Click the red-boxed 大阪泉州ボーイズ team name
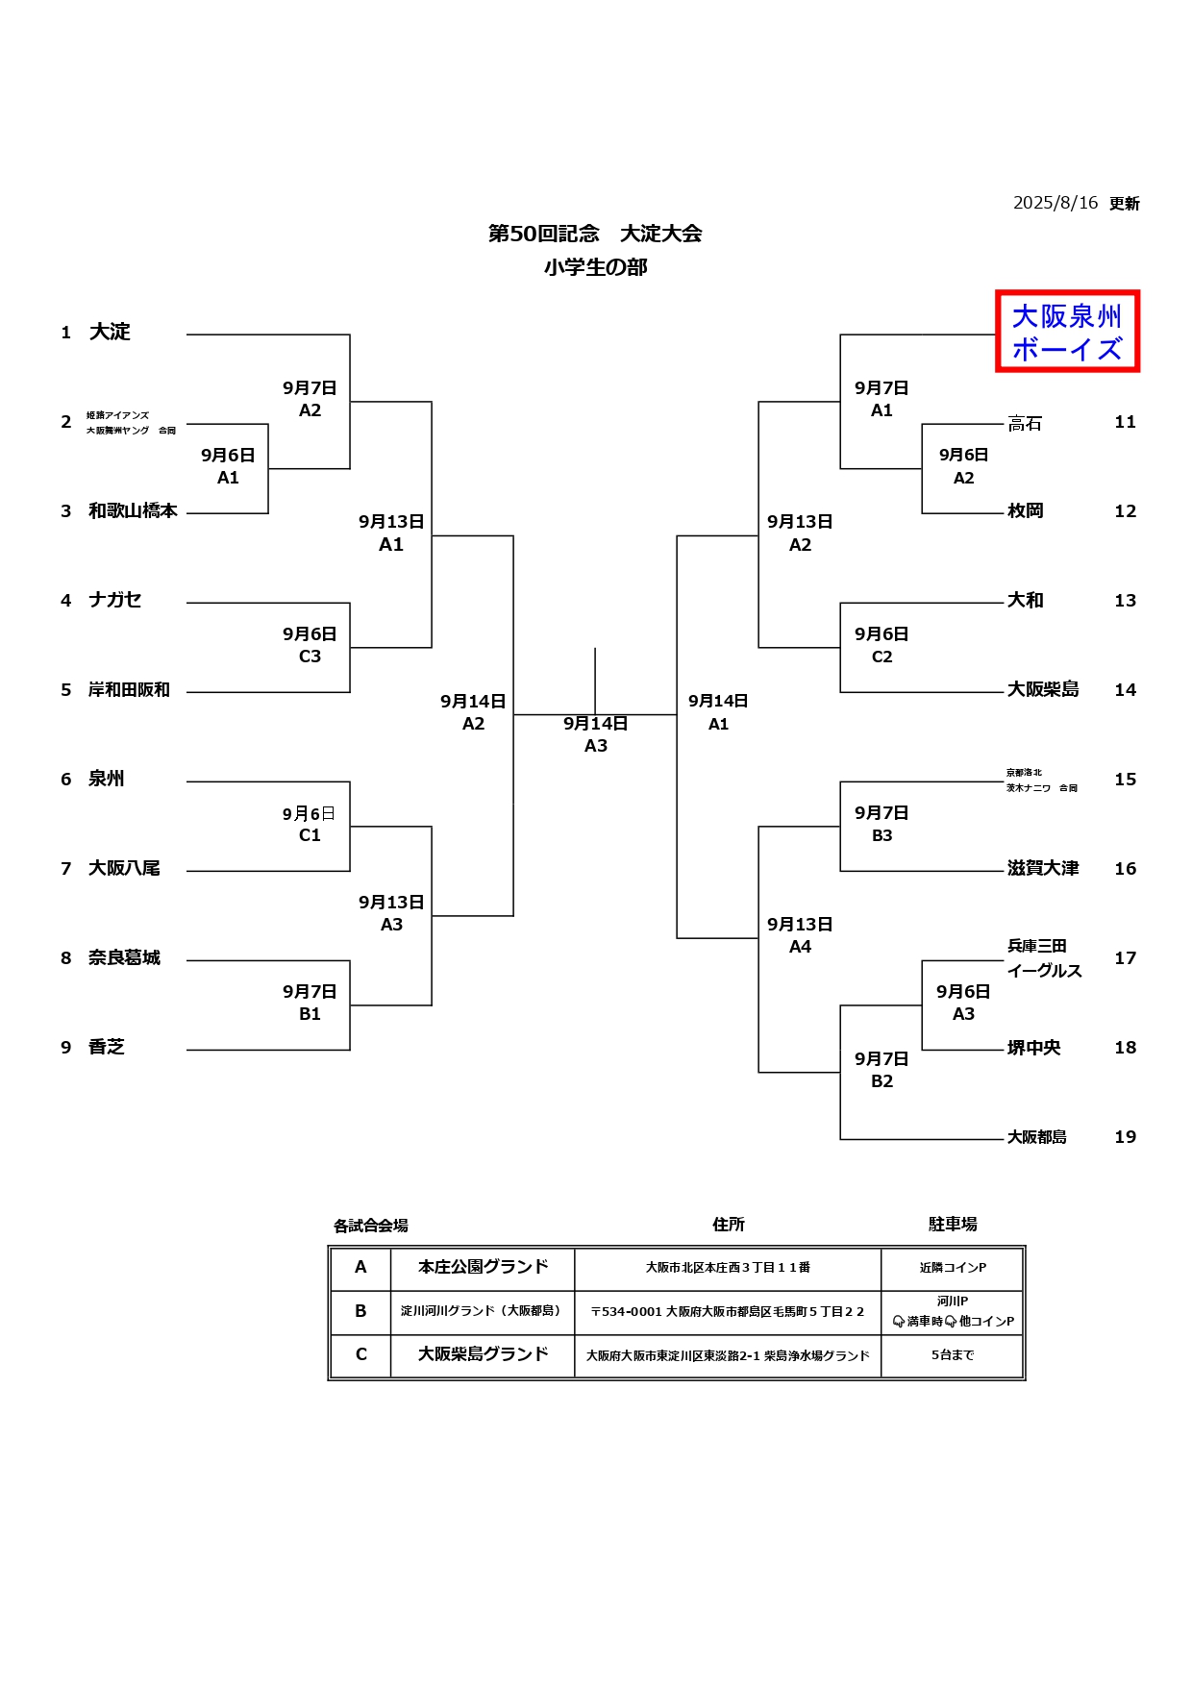point(1067,332)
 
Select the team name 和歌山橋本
point(133,511)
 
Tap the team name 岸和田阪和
point(129,690)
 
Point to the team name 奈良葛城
point(124,958)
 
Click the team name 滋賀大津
point(1043,869)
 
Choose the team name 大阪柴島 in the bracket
point(1043,690)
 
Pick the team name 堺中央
point(1034,1048)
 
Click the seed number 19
point(1125,1137)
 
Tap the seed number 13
point(1125,601)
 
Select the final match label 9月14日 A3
point(596,734)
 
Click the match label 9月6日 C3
point(310,645)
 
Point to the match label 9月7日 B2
point(882,1070)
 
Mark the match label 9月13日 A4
point(800,935)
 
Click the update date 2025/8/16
point(1055,203)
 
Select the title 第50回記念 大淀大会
point(595,234)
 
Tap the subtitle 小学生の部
point(595,267)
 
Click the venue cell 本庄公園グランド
point(483,1268)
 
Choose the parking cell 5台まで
point(953,1355)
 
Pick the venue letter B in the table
point(360,1311)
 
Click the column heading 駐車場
point(953,1225)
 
